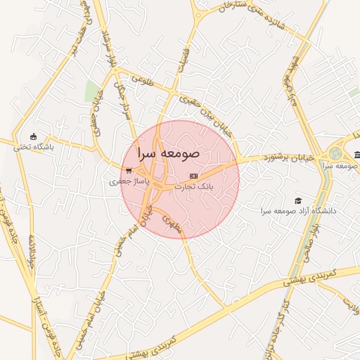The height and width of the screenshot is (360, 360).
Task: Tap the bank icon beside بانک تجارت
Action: [194, 176]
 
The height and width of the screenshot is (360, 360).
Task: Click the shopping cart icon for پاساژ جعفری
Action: [128, 170]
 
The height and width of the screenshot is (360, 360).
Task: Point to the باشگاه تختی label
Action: [34, 147]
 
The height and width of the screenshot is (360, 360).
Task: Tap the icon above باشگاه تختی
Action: [33, 136]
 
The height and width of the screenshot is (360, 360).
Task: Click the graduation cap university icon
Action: [298, 200]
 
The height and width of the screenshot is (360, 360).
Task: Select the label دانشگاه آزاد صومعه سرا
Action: [298, 211]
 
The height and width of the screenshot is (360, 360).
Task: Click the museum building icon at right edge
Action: [357, 155]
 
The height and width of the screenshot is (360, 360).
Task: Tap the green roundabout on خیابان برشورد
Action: [335, 153]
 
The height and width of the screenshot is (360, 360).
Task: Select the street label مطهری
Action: [171, 224]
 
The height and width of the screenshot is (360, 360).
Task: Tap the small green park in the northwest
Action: [91, 90]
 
